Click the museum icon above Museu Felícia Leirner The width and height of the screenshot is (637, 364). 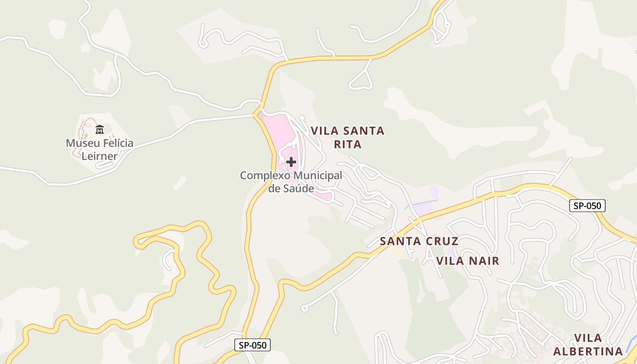(100, 130)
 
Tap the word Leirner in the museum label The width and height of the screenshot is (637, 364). (100, 156)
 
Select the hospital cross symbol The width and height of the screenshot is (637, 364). (291, 162)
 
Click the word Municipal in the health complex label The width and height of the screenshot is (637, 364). (318, 175)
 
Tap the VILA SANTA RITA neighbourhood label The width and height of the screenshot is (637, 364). (348, 137)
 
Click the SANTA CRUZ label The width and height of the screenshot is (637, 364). (419, 241)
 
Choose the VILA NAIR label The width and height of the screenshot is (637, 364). (468, 261)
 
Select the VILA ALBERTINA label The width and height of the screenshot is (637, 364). (588, 344)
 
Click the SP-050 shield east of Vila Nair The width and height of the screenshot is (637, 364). (587, 206)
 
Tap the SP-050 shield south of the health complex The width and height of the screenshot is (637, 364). (253, 345)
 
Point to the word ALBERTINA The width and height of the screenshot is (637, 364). (588, 351)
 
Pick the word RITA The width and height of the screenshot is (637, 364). (348, 144)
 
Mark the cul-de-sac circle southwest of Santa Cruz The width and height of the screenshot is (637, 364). (304, 308)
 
